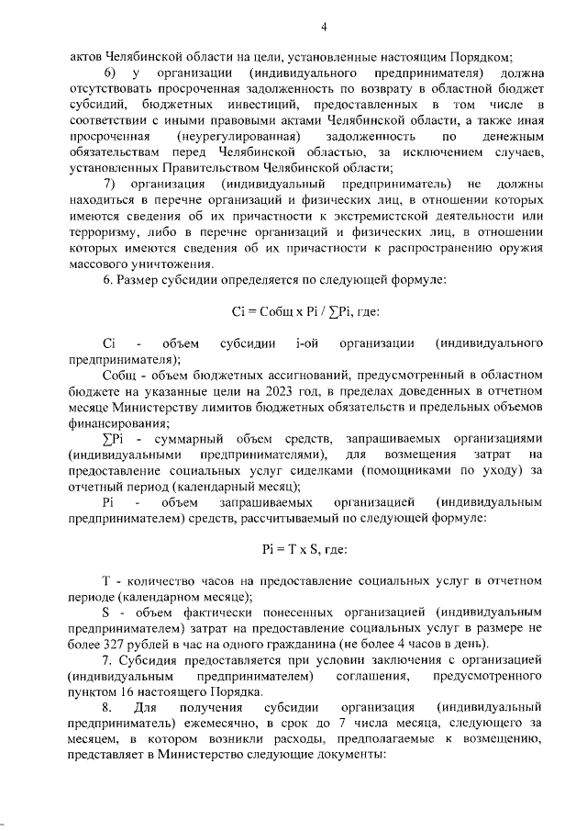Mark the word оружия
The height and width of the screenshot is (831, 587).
coord(522,249)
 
